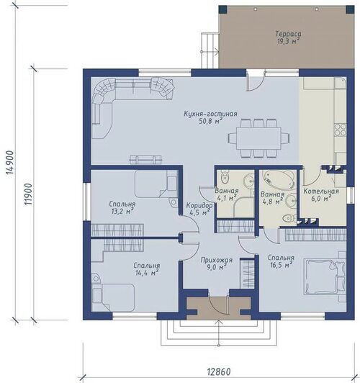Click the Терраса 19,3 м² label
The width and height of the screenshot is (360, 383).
(x=289, y=37)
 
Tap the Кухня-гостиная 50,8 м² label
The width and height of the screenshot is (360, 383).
(x=210, y=117)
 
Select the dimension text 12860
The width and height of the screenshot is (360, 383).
(x=219, y=372)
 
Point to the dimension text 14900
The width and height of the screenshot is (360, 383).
(x=11, y=163)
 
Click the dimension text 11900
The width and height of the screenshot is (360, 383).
(x=29, y=194)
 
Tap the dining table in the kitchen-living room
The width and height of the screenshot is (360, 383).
(x=258, y=138)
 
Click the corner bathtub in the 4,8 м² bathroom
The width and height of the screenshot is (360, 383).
(x=279, y=180)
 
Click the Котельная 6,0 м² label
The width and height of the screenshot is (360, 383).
(x=321, y=194)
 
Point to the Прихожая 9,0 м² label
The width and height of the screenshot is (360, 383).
(x=217, y=263)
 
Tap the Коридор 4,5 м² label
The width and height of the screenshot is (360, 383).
(x=199, y=209)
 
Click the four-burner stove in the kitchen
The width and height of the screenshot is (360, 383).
(x=341, y=130)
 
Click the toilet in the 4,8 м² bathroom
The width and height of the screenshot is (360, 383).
(x=289, y=218)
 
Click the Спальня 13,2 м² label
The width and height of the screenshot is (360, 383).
(x=122, y=207)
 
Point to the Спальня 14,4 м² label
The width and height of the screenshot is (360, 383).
(x=147, y=269)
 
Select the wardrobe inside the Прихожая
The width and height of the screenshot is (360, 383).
(x=247, y=274)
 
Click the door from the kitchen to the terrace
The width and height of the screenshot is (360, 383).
(x=255, y=81)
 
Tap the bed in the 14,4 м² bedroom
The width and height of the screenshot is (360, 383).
(x=113, y=297)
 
